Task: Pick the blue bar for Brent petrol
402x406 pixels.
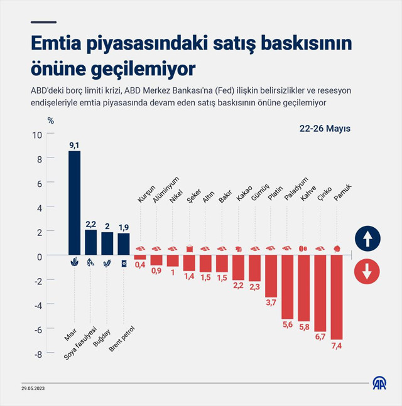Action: point(124,243)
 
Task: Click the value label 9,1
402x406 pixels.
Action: point(75,145)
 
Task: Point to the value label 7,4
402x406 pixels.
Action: point(337,346)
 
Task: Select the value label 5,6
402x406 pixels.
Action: point(288,324)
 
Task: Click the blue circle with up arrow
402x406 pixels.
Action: point(366,239)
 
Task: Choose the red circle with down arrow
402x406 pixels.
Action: point(366,272)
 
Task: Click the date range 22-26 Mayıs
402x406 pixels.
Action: point(325,128)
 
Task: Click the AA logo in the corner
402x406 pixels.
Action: point(379,383)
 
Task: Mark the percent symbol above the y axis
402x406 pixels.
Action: point(50,120)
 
